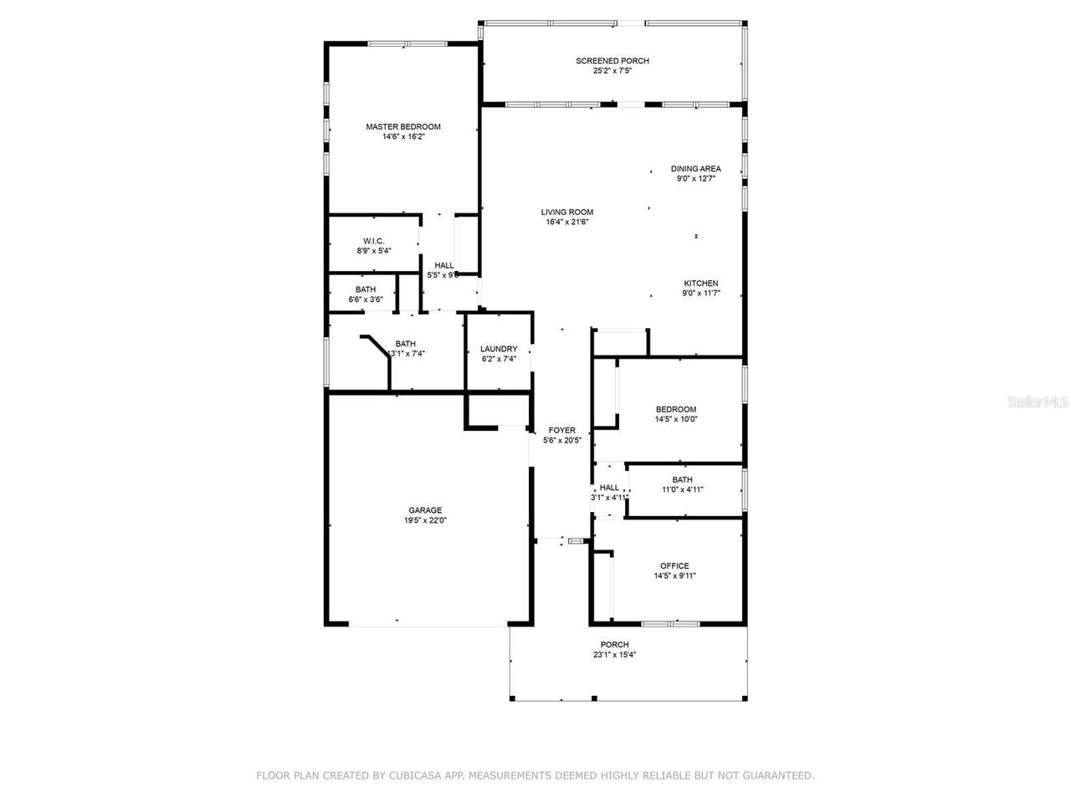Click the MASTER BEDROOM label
403,127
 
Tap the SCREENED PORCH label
612,61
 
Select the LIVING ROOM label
566,212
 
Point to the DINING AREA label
695,169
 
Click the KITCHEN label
700,284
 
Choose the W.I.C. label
373,242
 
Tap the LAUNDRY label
498,349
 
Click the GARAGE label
425,510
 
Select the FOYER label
561,431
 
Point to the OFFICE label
674,566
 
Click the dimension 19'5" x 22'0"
425,520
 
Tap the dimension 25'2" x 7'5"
612,71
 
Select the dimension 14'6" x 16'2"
403,136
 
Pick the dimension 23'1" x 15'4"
614,655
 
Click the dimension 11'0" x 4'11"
682,489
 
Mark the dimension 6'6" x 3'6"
366,299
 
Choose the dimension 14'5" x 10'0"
676,419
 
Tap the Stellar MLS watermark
1038,402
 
